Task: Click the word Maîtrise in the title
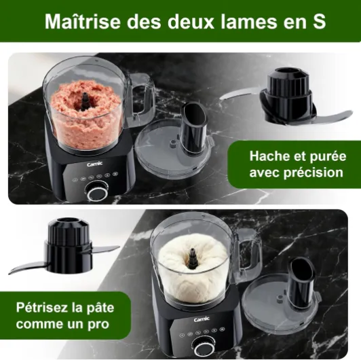tap(83, 22)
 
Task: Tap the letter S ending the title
tap(319, 22)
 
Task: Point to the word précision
tap(313, 173)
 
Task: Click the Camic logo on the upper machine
tap(94, 164)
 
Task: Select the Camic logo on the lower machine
tap(202, 319)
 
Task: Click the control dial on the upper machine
tap(97, 192)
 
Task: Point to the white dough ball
tap(193, 268)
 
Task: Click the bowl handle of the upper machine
tap(141, 100)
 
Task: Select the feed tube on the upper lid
tap(194, 127)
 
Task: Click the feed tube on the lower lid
tap(302, 283)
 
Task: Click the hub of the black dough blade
tap(69, 245)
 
